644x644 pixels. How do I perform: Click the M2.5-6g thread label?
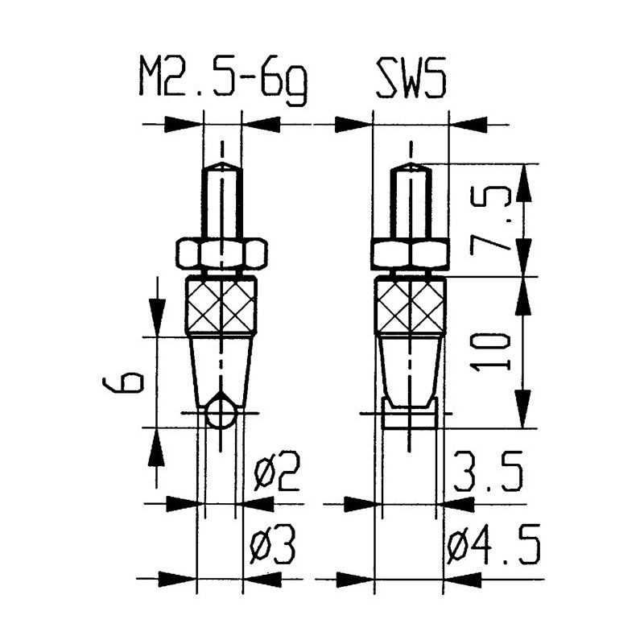[223, 82]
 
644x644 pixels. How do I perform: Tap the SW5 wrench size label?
[411, 78]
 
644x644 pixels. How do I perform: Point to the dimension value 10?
[490, 353]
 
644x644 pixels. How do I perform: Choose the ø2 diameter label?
[277, 472]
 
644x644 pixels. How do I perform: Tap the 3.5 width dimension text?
[489, 472]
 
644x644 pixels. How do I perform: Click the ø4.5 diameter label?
[493, 544]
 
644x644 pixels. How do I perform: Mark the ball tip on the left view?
[221, 414]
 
